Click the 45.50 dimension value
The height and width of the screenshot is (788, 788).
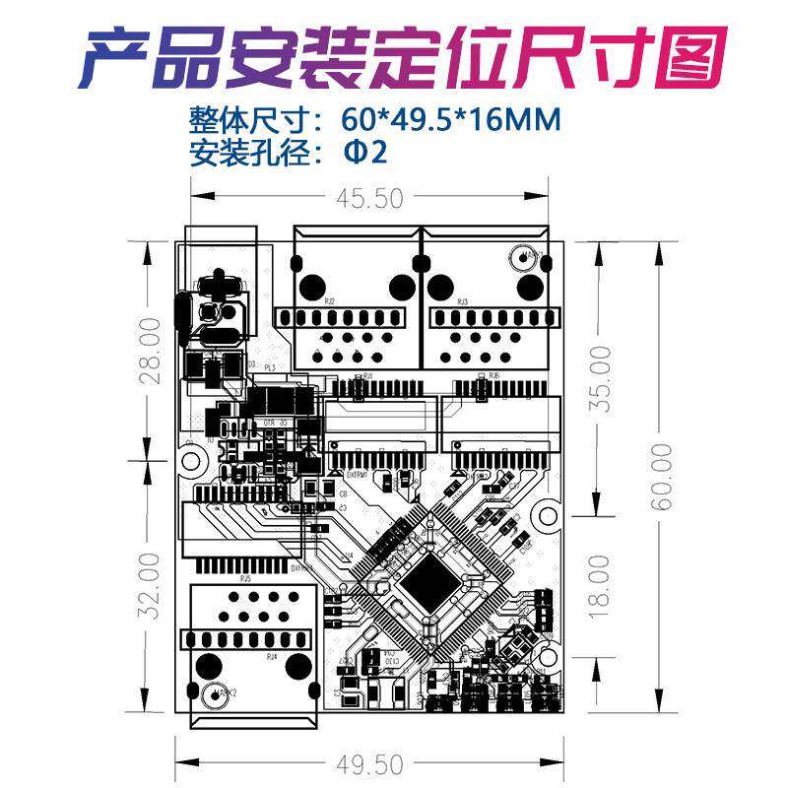369,199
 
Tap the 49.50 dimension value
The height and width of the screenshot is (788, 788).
369,764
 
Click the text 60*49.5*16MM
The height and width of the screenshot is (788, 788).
452,120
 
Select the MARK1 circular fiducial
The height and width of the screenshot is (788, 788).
520,258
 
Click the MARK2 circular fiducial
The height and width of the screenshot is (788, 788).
210,695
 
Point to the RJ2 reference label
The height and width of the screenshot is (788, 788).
329,301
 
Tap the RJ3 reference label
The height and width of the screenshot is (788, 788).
462,301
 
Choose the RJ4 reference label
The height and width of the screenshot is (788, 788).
272,655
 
